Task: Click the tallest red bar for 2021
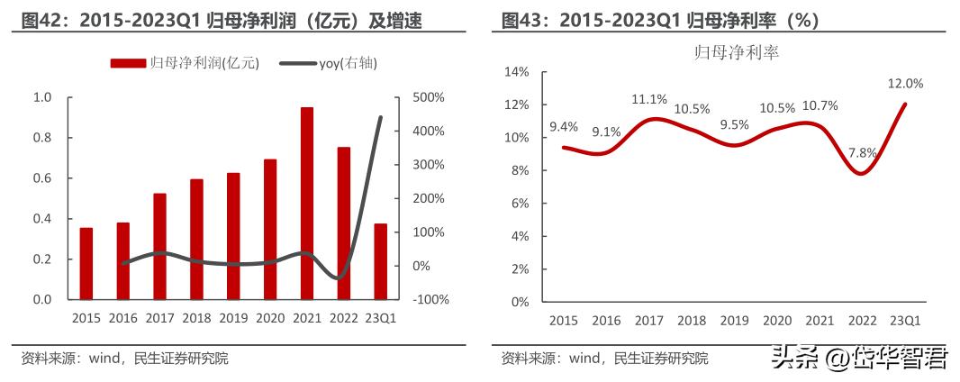tap(307, 203)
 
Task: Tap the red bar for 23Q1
tap(380, 261)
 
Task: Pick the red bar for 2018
tap(196, 239)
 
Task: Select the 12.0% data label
tap(905, 84)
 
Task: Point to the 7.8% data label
tap(862, 152)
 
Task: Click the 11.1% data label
tap(648, 99)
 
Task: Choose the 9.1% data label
tap(606, 132)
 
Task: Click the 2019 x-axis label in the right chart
tap(734, 321)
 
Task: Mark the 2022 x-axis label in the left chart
tap(343, 318)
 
